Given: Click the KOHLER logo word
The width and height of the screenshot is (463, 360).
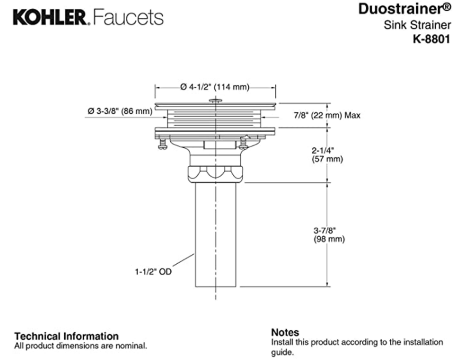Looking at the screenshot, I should (x=49, y=18).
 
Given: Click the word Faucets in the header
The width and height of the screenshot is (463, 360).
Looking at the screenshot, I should (x=128, y=18).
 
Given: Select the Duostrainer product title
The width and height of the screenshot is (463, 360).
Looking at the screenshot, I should (x=404, y=9).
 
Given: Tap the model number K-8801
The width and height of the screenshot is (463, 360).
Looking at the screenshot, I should (x=431, y=39).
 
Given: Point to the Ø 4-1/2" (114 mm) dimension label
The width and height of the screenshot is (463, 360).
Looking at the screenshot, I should (x=215, y=87).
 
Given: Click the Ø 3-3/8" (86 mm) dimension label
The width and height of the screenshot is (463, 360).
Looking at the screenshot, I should (x=119, y=111).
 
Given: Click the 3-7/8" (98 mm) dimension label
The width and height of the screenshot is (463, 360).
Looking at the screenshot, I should (x=329, y=234).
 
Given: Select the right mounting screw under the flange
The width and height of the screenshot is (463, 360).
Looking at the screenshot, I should (x=244, y=144).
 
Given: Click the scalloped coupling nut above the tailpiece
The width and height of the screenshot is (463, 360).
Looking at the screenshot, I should (x=215, y=173).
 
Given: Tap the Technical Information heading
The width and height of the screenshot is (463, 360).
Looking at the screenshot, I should (x=66, y=336).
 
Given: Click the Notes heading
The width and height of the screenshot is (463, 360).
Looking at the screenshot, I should (x=285, y=332).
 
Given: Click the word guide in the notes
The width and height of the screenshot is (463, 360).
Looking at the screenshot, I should (x=281, y=352).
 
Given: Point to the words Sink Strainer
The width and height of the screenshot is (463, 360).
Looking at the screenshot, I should (x=417, y=25).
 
